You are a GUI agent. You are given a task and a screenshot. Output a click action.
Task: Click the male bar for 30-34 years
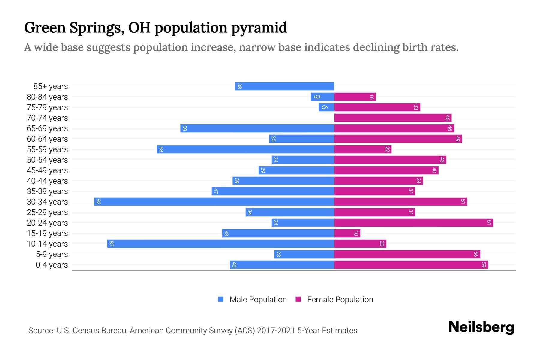tap(214, 202)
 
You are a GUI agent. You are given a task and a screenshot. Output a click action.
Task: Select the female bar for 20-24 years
tap(414, 223)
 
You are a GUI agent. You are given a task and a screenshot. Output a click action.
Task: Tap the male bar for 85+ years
tap(284, 86)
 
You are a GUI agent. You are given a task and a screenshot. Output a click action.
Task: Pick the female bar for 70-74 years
tap(393, 118)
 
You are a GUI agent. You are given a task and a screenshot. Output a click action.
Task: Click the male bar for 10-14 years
tap(221, 244)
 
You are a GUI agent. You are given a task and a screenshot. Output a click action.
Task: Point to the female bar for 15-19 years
tap(347, 233)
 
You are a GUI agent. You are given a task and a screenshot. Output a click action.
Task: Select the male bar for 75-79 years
tap(326, 107)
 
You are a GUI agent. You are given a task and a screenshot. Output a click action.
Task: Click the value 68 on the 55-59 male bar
tap(161, 149)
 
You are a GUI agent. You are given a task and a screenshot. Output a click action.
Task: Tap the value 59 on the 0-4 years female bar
tap(484, 265)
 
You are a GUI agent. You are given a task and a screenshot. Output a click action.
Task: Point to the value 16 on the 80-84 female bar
tap(371, 97)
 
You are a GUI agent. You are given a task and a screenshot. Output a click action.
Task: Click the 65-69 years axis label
tap(47, 128)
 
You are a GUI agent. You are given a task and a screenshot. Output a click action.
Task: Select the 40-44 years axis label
tap(47, 181)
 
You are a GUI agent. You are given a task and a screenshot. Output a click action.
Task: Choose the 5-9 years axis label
tap(52, 254)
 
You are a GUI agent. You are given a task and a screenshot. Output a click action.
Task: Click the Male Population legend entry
tap(258, 299)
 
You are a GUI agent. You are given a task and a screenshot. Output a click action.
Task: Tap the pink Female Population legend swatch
tap(298, 299)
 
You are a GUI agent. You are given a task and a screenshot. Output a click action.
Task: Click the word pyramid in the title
tap(259, 28)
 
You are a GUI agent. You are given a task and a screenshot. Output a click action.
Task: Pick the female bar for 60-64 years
tap(398, 139)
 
